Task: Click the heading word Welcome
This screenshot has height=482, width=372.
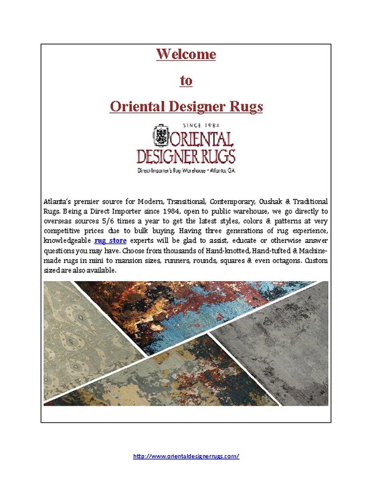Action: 186,54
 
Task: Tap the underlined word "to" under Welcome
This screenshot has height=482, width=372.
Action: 186,80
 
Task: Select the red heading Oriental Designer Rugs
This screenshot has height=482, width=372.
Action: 186,106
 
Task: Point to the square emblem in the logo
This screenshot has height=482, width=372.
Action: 161,139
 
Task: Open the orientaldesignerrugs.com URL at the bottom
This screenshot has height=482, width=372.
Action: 186,455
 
